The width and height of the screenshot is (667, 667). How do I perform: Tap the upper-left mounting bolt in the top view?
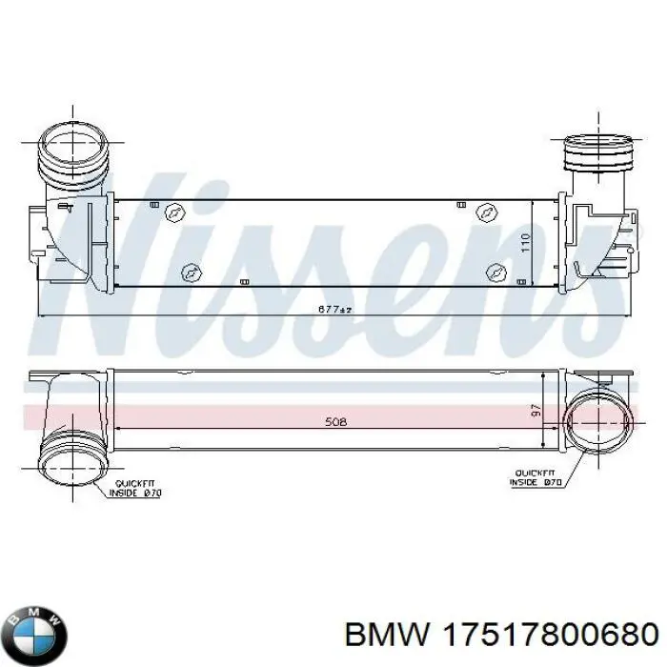point(174,212)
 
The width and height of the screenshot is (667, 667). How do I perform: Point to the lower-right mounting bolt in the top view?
point(495,271)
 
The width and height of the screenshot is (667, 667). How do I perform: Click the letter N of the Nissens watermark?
point(114,257)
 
